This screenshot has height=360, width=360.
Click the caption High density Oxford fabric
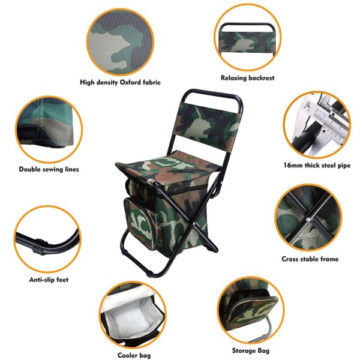[121, 82]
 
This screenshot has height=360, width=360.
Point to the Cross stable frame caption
[310, 259]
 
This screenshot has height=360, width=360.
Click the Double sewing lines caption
[49, 169]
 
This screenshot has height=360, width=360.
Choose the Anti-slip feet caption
[49, 280]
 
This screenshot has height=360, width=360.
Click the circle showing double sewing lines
[47, 128]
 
